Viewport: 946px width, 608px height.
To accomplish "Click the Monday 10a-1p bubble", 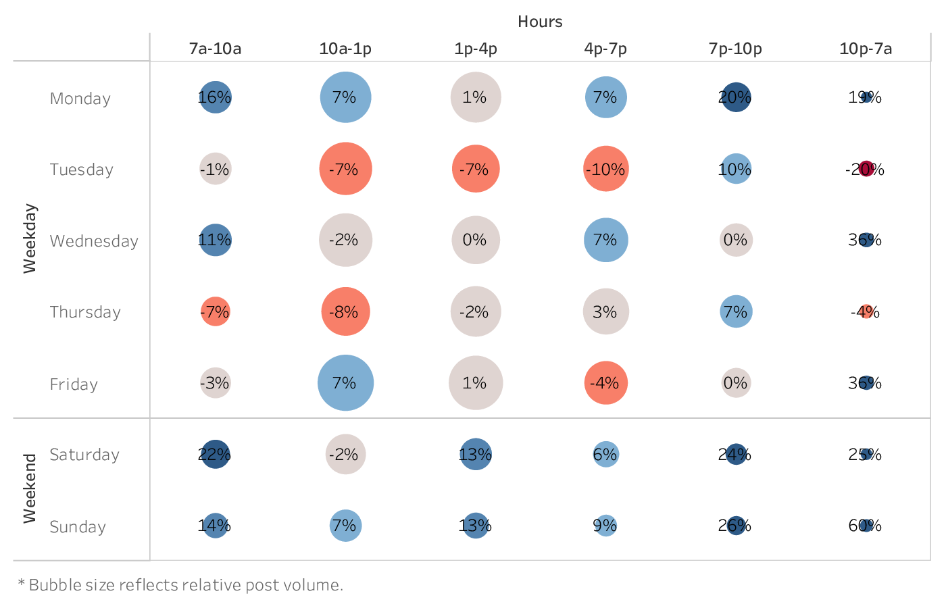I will tap(345, 97).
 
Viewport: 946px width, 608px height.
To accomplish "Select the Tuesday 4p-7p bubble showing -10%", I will tap(605, 169).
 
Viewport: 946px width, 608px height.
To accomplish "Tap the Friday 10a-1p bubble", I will tap(345, 383).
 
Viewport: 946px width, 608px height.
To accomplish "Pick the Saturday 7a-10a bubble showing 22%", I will tap(215, 454).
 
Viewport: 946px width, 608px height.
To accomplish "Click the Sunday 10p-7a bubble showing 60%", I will tap(866, 525).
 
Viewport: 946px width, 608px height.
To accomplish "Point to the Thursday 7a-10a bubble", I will tap(215, 311).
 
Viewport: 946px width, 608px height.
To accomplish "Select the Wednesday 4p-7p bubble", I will tap(605, 240).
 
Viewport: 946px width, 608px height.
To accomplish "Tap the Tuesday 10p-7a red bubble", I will tap(866, 169).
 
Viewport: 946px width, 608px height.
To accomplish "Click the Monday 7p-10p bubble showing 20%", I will tap(736, 97).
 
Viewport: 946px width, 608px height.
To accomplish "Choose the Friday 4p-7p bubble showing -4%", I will tap(605, 383).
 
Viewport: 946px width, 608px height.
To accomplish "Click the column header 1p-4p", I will tap(476, 49).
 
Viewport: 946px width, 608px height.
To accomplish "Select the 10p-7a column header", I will tap(866, 49).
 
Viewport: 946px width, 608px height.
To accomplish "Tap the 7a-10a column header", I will tap(215, 49).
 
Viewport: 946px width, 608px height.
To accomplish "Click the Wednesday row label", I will tap(94, 241).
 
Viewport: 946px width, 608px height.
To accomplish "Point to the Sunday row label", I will tap(78, 527).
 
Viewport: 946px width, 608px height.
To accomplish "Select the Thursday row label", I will tap(85, 312).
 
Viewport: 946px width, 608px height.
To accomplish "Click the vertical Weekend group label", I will tap(30, 488).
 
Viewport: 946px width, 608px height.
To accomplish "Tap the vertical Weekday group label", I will tap(30, 238).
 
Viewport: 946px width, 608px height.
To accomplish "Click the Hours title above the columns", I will tap(540, 22).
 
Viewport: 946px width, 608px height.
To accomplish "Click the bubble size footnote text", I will tap(180, 585).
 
